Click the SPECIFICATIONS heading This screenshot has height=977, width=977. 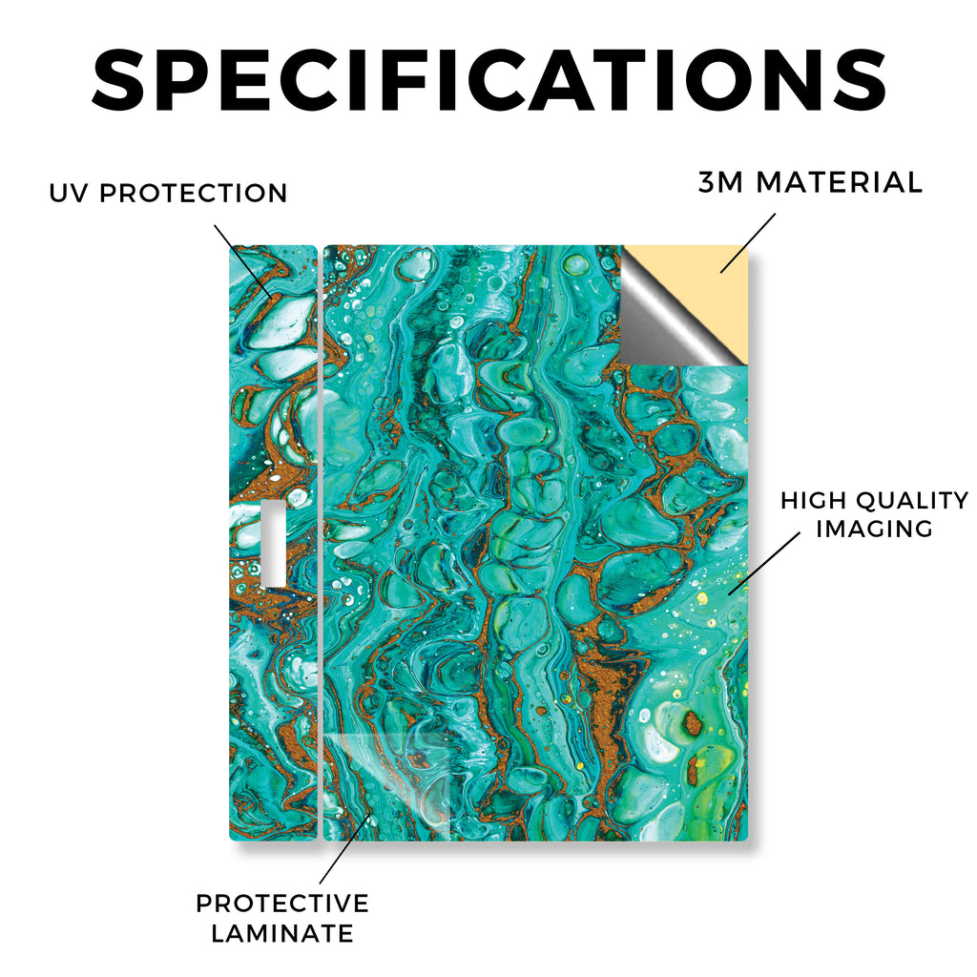[x=488, y=80]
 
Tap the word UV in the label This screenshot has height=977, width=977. [x=69, y=193]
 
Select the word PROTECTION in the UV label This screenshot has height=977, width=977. [x=193, y=193]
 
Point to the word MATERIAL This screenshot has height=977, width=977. [x=839, y=182]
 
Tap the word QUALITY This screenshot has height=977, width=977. [x=913, y=500]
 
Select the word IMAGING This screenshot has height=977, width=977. [x=874, y=529]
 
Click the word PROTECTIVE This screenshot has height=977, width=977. [x=282, y=904]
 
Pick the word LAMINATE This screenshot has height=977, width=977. [x=282, y=933]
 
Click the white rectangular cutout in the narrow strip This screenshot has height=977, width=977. [x=274, y=542]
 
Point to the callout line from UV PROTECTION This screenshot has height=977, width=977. [x=243, y=263]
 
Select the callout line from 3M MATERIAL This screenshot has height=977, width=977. [x=748, y=243]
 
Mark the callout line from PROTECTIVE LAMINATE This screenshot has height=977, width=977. [x=345, y=848]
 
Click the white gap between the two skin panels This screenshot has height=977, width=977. [x=321, y=542]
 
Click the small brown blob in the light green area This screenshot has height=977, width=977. [x=692, y=723]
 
